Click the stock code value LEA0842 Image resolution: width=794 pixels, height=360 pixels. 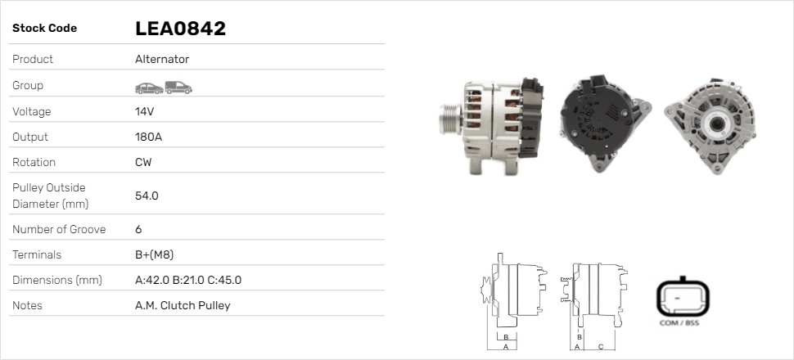tap(180, 29)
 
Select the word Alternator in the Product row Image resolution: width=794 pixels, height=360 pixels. tap(162, 60)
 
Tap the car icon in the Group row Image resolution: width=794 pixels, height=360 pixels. tap(148, 87)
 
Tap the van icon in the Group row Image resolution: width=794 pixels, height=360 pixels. tap(178, 87)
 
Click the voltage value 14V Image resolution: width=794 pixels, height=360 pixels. tap(145, 111)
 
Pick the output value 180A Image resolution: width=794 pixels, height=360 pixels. tap(148, 137)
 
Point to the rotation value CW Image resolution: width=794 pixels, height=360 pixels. tap(143, 162)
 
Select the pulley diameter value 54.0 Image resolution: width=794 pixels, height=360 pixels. tap(147, 196)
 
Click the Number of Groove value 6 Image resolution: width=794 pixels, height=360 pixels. tap(138, 229)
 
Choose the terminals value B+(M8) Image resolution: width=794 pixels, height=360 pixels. tap(154, 254)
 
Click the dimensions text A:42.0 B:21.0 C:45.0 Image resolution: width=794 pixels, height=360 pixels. tap(187, 280)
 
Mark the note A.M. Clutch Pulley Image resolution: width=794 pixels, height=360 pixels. tap(183, 305)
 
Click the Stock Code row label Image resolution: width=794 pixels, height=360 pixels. tap(44, 29)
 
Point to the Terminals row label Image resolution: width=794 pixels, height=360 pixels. tap(37, 254)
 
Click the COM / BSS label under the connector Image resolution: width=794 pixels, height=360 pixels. tap(679, 323)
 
